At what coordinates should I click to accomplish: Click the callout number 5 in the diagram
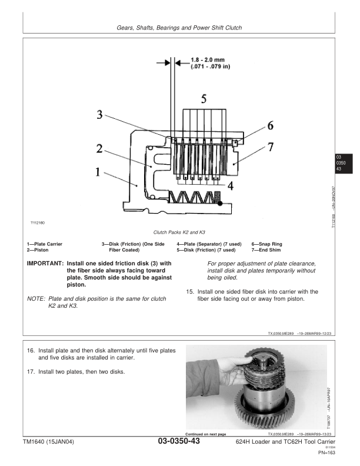coord(204,99)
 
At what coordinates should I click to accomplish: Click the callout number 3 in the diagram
coord(101,115)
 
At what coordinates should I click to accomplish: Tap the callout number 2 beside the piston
coord(101,149)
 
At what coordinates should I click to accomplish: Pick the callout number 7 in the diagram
coord(271,147)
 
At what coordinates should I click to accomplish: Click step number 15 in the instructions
coord(189,291)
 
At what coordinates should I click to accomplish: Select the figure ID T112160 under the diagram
coord(38,223)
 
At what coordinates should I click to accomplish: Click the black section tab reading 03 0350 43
coord(341,162)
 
